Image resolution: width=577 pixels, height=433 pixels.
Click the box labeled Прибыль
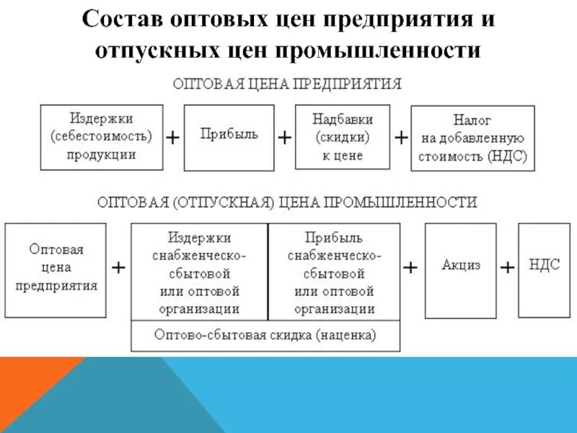229,137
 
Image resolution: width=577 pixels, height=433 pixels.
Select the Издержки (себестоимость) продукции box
102,136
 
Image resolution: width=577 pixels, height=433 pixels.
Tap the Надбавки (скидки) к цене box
343,137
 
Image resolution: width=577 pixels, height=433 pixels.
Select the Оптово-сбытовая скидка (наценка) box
265,336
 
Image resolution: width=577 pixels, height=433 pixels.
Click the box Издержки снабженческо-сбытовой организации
199,271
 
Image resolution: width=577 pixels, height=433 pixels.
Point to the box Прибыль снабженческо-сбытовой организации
334,271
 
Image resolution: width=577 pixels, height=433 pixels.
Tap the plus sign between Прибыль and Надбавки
285,138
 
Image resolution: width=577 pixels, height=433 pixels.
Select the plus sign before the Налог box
400,138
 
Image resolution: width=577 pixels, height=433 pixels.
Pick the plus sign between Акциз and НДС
507,267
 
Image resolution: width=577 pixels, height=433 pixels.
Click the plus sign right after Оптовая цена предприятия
118,267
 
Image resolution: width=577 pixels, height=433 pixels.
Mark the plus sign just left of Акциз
410,267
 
